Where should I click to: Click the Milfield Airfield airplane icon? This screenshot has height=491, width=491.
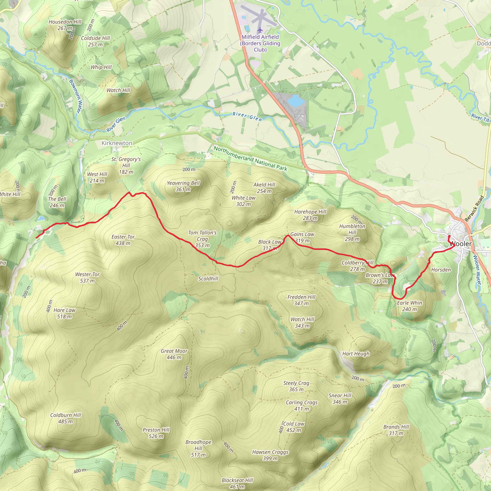pyautogui.click(x=260, y=30)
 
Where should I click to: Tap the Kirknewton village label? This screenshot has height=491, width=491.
pyautogui.click(x=117, y=143)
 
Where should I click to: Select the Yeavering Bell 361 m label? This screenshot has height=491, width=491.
pyautogui.click(x=183, y=186)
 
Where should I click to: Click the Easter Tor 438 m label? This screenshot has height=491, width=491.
pyautogui.click(x=123, y=240)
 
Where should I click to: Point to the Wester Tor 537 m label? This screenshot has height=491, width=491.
pyautogui.click(x=88, y=278)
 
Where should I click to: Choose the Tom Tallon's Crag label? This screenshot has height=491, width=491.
pyautogui.click(x=202, y=239)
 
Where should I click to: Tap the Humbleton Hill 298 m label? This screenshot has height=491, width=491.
pyautogui.click(x=352, y=233)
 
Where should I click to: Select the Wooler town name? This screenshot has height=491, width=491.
pyautogui.click(x=461, y=244)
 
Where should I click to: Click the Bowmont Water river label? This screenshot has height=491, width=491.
pyautogui.click(x=76, y=96)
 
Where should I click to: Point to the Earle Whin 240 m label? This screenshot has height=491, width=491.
pyautogui.click(x=409, y=306)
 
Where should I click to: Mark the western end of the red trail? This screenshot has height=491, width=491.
pyautogui.click(x=36, y=238)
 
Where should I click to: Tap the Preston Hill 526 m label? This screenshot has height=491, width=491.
pyautogui.click(x=156, y=433)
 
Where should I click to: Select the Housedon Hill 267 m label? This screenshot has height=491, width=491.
pyautogui.click(x=65, y=25)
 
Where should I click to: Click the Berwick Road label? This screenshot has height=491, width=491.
pyautogui.click(x=474, y=208)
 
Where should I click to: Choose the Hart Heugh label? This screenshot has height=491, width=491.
pyautogui.click(x=356, y=354)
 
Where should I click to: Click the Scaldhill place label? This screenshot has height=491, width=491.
pyautogui.click(x=208, y=279)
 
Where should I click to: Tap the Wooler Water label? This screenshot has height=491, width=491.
pyautogui.click(x=477, y=269)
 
